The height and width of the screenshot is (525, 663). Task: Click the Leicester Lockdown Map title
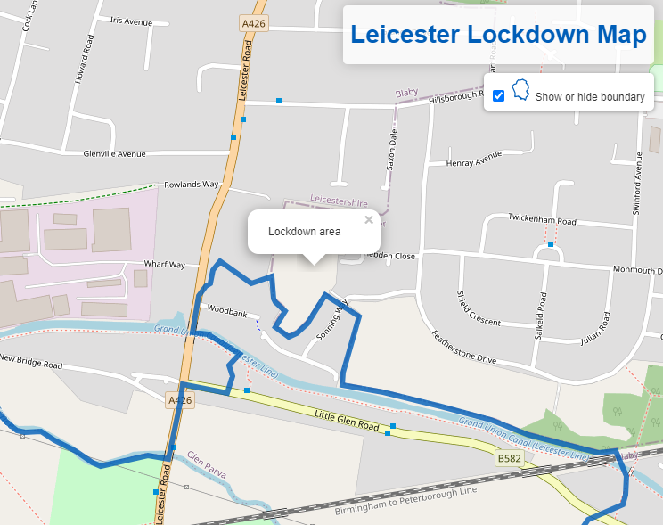point(498,35)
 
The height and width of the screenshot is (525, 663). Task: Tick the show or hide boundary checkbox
point(499,95)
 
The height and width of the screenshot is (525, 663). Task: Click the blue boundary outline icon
point(520,91)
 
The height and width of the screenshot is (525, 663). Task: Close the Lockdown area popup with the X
point(369,220)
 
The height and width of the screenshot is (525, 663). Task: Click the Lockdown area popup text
point(304,232)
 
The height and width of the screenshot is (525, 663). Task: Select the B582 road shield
point(509,459)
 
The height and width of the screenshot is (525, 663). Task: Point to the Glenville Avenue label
point(113,154)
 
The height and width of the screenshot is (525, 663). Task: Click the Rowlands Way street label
point(191,185)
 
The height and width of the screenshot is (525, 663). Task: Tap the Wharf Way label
point(164,265)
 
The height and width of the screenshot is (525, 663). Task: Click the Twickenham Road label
point(543,218)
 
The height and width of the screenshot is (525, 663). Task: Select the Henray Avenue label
point(474,160)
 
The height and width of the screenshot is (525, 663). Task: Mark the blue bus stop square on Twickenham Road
point(551,244)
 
